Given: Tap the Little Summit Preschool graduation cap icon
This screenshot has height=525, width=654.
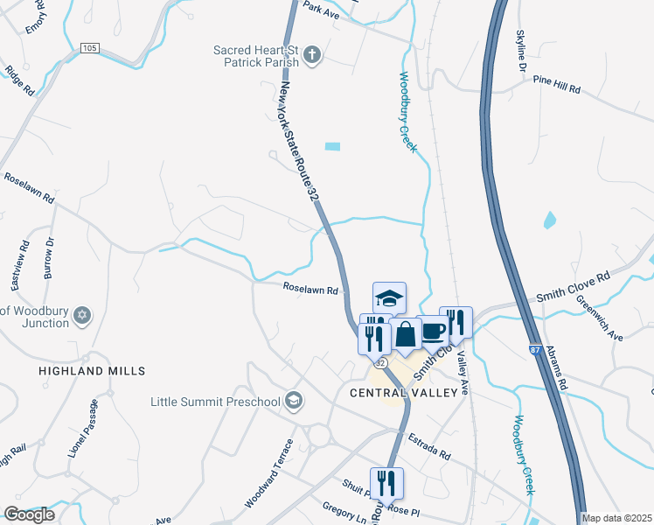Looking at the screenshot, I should coord(295,402).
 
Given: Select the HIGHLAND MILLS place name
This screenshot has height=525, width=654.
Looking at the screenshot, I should coord(92,371).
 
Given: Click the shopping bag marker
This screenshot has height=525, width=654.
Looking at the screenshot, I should coord(406,333).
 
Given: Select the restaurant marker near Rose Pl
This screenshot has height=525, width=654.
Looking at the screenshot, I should coord(386,482).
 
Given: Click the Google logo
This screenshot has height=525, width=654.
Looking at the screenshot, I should coord(29,514).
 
